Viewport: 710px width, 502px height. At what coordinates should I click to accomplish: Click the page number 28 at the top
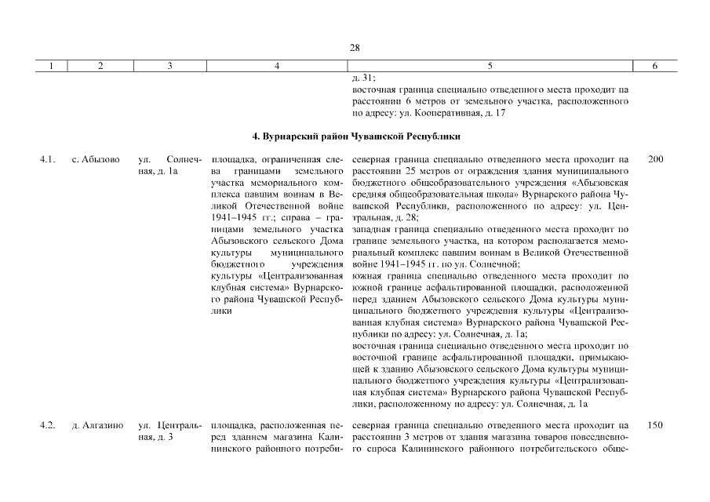coord(355,48)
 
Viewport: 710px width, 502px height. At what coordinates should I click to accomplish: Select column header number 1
coord(50,67)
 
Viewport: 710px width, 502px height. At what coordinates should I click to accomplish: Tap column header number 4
coord(277,67)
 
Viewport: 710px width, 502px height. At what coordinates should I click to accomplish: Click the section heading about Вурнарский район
coord(355,136)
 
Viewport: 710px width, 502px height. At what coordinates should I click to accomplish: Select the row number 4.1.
coord(47,160)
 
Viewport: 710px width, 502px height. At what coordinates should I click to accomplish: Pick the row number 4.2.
coord(47,425)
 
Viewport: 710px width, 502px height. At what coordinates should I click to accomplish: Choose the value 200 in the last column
coord(656,160)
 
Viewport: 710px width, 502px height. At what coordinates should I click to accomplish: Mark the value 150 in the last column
coord(656,425)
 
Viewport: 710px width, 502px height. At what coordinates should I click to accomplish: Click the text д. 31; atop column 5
coord(365,78)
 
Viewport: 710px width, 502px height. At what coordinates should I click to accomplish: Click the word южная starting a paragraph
coord(369,276)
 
